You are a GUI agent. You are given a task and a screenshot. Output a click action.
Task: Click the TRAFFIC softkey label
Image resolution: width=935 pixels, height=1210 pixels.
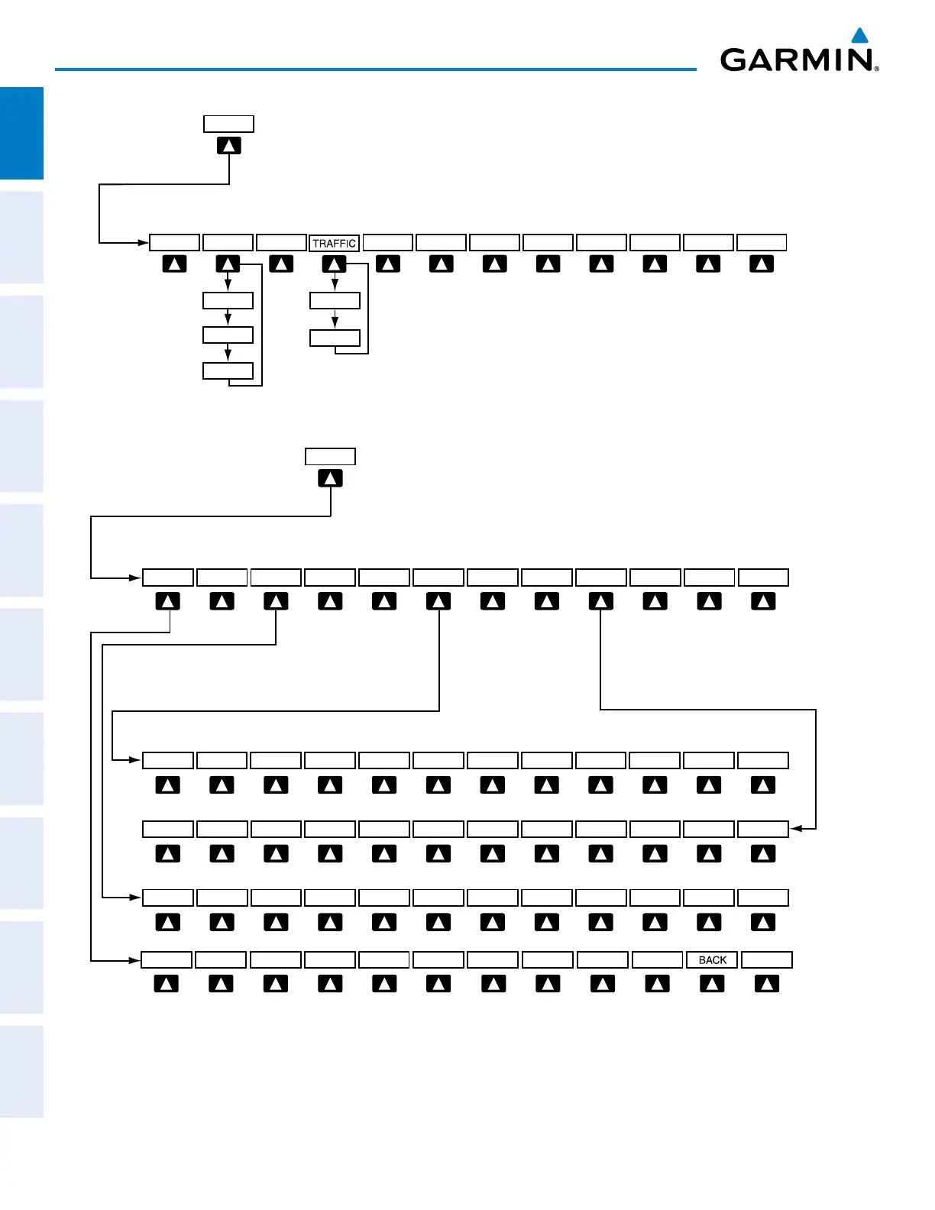tap(335, 243)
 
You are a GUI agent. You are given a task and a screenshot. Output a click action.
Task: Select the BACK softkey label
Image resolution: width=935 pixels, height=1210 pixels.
tap(712, 959)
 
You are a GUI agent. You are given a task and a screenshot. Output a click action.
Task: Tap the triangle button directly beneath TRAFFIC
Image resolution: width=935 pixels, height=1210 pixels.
tap(335, 264)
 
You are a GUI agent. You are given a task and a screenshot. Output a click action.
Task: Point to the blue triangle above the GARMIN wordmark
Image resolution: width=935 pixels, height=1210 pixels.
tap(860, 35)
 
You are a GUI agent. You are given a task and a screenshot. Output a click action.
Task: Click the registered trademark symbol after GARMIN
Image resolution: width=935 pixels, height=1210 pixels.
tap(876, 69)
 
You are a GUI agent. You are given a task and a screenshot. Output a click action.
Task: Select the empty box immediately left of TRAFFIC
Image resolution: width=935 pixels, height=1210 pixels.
tap(281, 243)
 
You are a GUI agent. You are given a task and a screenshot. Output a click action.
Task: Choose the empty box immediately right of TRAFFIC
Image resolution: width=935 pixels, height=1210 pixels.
tap(388, 243)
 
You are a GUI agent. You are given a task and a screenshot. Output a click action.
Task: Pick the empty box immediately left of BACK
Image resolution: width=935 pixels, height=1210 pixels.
tap(657, 959)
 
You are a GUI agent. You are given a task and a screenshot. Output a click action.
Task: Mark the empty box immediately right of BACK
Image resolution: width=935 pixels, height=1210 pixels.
tap(767, 959)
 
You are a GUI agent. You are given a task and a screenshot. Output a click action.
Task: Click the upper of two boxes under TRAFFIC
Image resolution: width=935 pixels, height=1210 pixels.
tap(335, 300)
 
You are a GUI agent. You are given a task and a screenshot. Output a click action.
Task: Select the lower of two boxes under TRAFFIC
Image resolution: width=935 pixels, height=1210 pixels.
tap(335, 338)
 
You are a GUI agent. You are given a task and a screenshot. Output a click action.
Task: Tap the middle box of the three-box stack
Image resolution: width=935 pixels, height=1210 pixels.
tap(228, 335)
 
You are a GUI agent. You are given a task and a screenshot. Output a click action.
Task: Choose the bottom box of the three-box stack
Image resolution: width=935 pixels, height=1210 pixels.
tap(228, 371)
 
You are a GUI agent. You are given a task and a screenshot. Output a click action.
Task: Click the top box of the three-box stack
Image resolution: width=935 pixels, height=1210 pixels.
tap(228, 300)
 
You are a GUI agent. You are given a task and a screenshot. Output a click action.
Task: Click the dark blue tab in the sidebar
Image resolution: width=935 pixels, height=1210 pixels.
tap(21, 133)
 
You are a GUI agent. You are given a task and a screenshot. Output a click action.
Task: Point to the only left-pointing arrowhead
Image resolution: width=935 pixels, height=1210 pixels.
tap(795, 828)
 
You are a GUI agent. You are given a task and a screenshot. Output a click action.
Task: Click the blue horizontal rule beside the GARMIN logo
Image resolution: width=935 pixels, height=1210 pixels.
tap(374, 70)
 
